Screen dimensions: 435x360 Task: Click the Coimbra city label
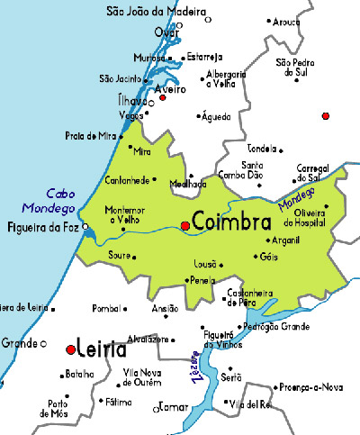pos(233,222)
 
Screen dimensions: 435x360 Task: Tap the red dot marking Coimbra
pos(185,225)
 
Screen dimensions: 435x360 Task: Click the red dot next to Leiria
pos(69,349)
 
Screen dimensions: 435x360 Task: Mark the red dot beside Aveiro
pos(163,97)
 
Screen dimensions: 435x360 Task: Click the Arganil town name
pos(287,240)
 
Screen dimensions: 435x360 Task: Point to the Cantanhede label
pos(126,181)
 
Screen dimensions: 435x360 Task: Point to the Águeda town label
pos(216,116)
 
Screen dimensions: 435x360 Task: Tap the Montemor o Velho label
pos(124,214)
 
